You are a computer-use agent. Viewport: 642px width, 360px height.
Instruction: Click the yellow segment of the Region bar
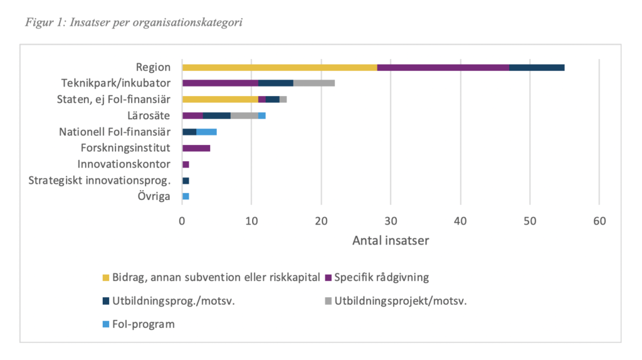point(280,67)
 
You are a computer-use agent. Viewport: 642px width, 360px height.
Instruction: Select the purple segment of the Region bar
point(443,67)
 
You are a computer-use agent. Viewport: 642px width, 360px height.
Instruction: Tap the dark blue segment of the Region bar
point(537,67)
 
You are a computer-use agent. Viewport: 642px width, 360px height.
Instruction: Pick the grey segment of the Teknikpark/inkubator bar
point(314,83)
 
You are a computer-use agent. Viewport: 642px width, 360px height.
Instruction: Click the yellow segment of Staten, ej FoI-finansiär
point(220,99)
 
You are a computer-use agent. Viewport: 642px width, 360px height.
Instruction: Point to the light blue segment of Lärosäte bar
point(262,115)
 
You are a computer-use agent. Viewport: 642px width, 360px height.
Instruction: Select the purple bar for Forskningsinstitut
point(196,148)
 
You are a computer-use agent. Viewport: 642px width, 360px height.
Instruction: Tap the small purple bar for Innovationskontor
point(186,164)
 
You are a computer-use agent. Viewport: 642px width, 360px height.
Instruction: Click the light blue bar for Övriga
point(186,196)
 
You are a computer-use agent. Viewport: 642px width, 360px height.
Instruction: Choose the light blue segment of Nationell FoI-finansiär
point(206,132)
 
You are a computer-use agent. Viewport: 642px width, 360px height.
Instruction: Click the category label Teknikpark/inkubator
point(115,83)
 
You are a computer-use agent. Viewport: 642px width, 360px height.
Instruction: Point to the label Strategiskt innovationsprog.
point(100,181)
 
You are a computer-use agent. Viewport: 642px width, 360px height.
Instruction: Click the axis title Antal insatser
point(391,240)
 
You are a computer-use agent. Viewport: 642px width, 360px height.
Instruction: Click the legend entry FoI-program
point(143,324)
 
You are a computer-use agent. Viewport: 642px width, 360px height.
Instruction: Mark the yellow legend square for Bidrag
point(105,277)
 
